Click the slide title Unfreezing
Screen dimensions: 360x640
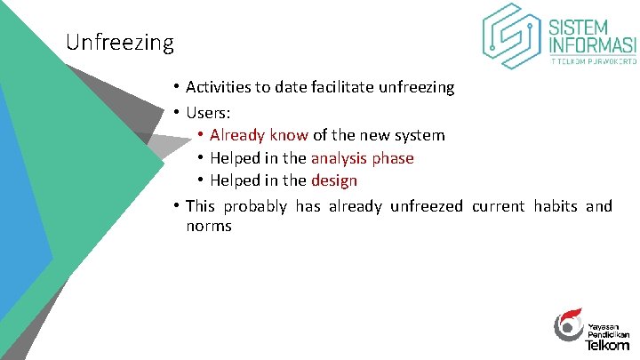point(120,42)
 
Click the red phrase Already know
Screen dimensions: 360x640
point(259,135)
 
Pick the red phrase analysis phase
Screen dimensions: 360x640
point(362,158)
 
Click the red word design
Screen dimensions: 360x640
point(334,181)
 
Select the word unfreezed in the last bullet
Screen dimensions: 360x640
point(423,206)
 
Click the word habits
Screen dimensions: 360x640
point(556,206)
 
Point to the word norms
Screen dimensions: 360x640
point(209,227)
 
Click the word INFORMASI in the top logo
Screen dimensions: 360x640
point(594,44)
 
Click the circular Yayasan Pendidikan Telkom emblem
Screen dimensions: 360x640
point(568,326)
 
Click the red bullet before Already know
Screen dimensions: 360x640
point(202,135)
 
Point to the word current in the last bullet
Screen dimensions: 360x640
point(499,206)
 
